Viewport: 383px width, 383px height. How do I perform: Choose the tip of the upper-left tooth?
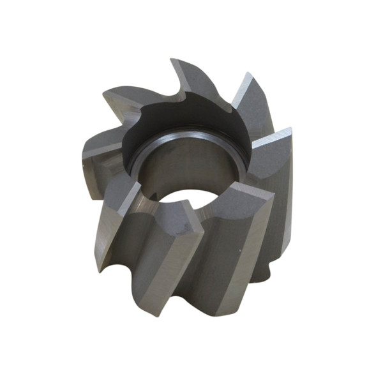105,93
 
